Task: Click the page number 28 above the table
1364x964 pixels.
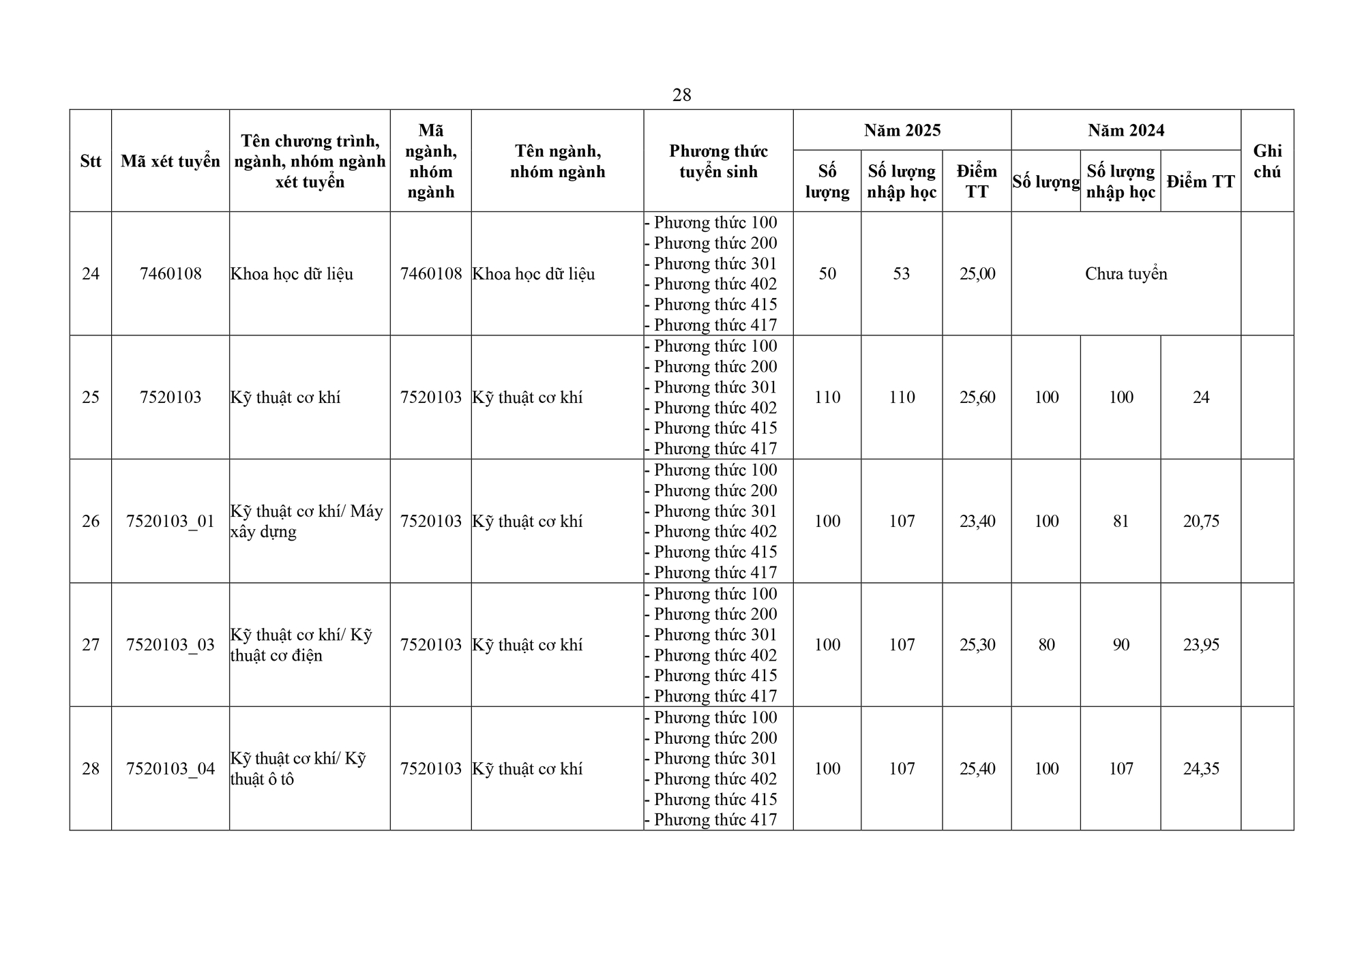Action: pyautogui.click(x=681, y=95)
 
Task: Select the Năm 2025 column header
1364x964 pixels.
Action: pyautogui.click(x=902, y=130)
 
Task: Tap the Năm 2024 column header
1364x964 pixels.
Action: pyautogui.click(x=1125, y=130)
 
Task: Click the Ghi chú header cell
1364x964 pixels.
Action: pyautogui.click(x=1266, y=161)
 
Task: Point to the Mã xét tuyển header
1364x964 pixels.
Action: pyautogui.click(x=170, y=161)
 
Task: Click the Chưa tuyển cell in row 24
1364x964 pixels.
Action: pyautogui.click(x=1125, y=273)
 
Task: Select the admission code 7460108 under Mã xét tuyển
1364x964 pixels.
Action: pyautogui.click(x=170, y=273)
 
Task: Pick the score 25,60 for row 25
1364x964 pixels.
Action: pyautogui.click(x=977, y=397)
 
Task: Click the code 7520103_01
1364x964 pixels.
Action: pyautogui.click(x=170, y=521)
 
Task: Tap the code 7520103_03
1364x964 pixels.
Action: pyautogui.click(x=170, y=644)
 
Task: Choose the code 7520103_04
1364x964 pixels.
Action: pyautogui.click(x=170, y=768)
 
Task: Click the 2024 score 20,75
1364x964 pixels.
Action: pyautogui.click(x=1200, y=521)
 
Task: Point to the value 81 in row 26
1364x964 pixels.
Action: pyautogui.click(x=1121, y=521)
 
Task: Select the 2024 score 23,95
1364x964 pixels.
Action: pyautogui.click(x=1200, y=644)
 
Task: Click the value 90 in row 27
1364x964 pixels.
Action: pyautogui.click(x=1121, y=644)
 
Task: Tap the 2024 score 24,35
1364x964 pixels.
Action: pyautogui.click(x=1200, y=768)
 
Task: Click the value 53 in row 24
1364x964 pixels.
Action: pyautogui.click(x=901, y=273)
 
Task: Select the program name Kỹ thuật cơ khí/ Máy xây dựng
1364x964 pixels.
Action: pyautogui.click(x=306, y=521)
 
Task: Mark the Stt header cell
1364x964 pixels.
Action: pyautogui.click(x=91, y=161)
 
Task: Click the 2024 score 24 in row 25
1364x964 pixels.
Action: pyautogui.click(x=1200, y=397)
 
